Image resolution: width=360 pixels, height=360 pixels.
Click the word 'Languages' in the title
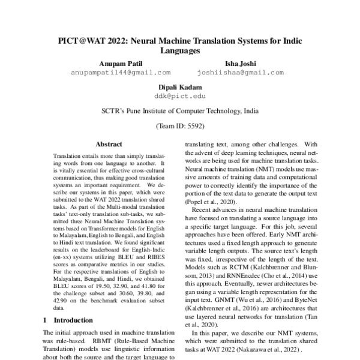(179, 52)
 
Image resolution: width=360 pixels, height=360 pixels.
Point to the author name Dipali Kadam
(179, 86)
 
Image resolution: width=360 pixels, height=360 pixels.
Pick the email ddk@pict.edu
(179, 95)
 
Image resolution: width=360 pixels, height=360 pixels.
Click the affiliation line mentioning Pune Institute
(179, 111)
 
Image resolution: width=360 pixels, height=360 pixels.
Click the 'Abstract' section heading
(109, 145)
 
